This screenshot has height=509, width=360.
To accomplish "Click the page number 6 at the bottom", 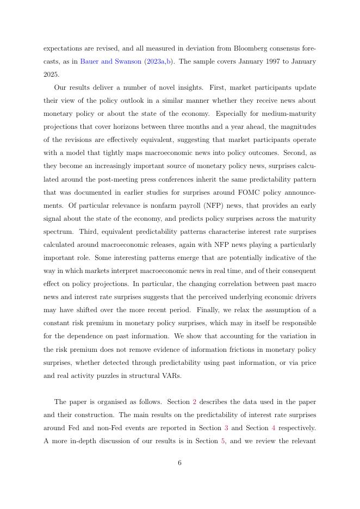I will tap(179, 463).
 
